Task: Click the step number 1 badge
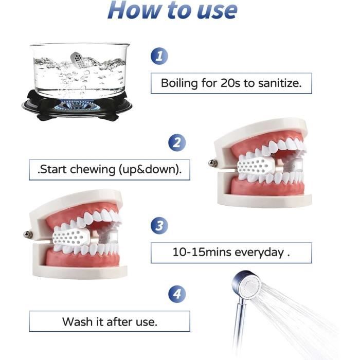(x=159, y=56)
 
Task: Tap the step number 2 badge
(x=177, y=142)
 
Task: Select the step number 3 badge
(x=159, y=225)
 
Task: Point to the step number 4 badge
(x=177, y=294)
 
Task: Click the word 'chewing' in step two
(x=92, y=170)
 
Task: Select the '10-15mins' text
(x=202, y=252)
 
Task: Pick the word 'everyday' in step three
(x=259, y=253)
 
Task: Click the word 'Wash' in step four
(x=78, y=321)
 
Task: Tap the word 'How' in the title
(x=135, y=10)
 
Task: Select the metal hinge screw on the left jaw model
(x=28, y=235)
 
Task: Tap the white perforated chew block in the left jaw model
(x=69, y=236)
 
